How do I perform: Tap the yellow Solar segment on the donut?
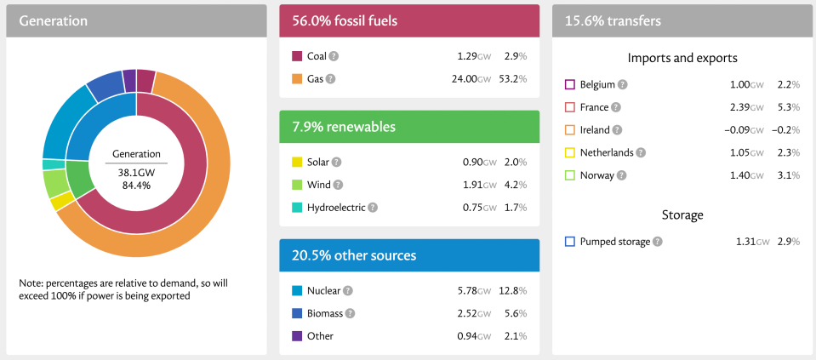[61, 202]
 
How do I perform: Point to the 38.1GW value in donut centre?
[136, 170]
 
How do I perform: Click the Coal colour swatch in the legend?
[297, 56]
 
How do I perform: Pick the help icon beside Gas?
[330, 79]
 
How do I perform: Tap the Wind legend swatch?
[297, 185]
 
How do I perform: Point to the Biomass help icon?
[351, 313]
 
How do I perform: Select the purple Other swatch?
[297, 336]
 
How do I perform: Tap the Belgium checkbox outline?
[570, 84]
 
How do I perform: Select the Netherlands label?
[607, 153]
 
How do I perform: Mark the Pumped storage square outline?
[570, 242]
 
